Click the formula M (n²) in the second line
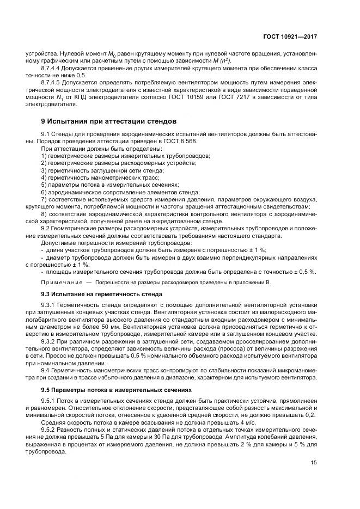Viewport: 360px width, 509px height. coord(214,61)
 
